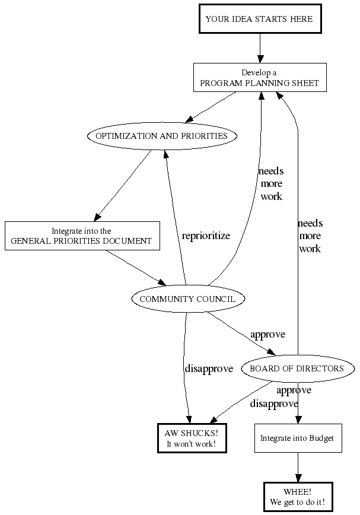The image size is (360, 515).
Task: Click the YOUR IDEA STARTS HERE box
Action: [x=259, y=19]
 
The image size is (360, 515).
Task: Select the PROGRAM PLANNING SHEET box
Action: [x=260, y=78]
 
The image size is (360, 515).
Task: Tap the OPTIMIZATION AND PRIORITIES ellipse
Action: [x=162, y=136]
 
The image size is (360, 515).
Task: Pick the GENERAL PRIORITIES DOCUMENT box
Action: [x=82, y=236]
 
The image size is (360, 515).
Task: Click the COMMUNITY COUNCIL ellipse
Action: [x=187, y=299]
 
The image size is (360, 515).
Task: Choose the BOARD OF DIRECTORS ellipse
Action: [x=297, y=368]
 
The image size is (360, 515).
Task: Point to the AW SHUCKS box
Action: [x=192, y=438]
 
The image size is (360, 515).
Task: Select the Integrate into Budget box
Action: [x=298, y=438]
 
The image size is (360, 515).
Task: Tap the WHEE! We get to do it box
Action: [x=298, y=497]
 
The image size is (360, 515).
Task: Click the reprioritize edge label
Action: [x=206, y=236]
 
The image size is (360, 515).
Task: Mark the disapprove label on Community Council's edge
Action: [x=209, y=368]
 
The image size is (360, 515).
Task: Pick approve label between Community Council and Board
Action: [x=267, y=334]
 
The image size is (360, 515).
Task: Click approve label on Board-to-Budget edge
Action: [x=294, y=390]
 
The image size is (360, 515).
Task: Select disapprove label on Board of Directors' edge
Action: [x=274, y=403]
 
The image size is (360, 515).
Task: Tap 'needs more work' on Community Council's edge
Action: [x=271, y=183]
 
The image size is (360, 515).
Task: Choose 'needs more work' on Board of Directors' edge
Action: [x=310, y=236]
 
